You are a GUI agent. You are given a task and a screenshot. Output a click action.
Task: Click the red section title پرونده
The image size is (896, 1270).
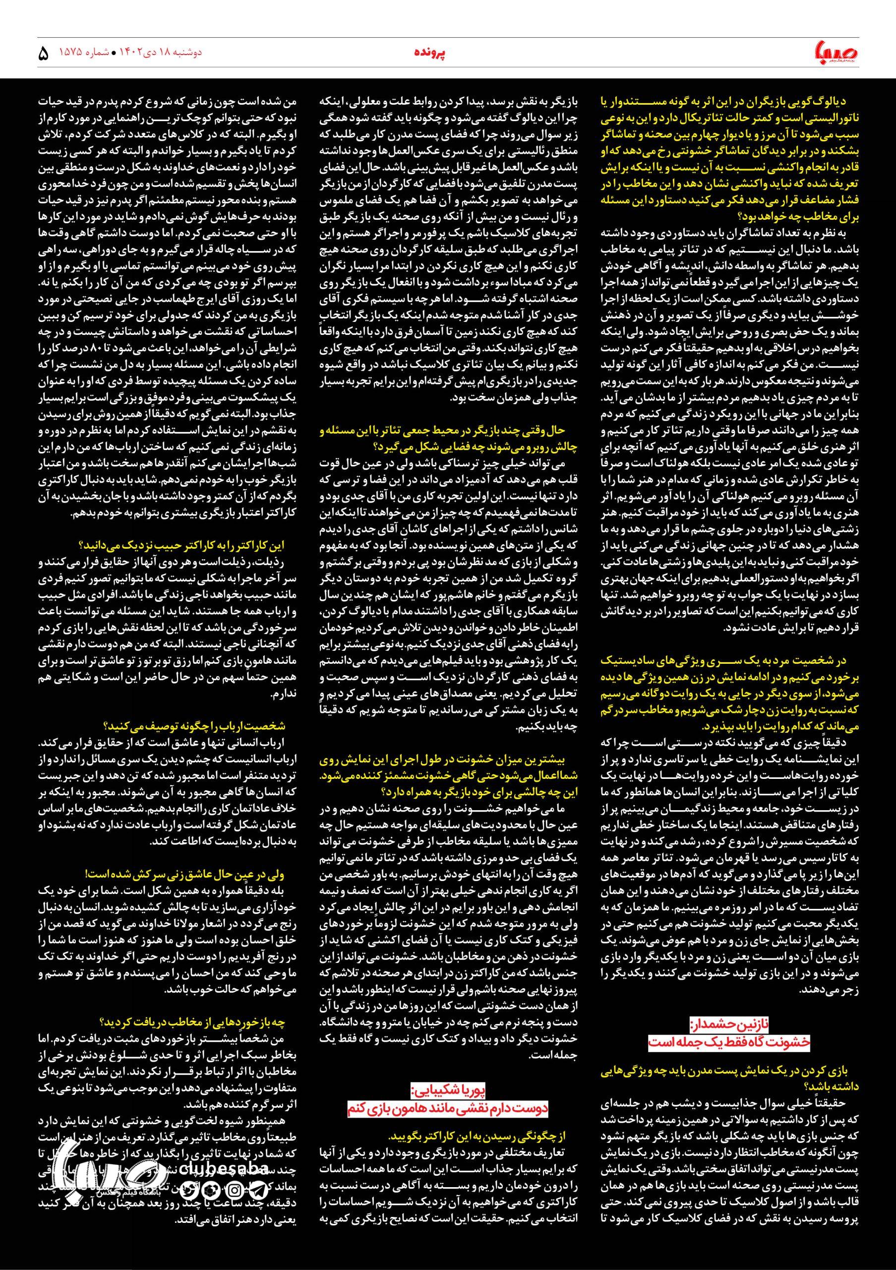pyautogui.click(x=430, y=53)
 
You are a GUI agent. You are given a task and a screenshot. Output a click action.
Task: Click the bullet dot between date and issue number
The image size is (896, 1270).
pyautogui.click(x=114, y=53)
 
